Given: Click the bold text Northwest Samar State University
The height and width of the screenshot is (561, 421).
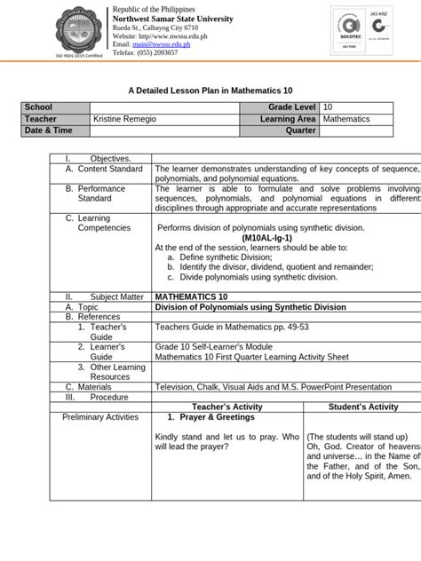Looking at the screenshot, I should tap(172, 19).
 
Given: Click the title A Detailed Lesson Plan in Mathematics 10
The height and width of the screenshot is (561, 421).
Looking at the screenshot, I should tap(210, 91).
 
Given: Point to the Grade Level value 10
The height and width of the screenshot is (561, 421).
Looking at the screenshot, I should tap(329, 107).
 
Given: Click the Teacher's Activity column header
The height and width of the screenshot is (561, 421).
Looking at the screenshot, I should tap(227, 407).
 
